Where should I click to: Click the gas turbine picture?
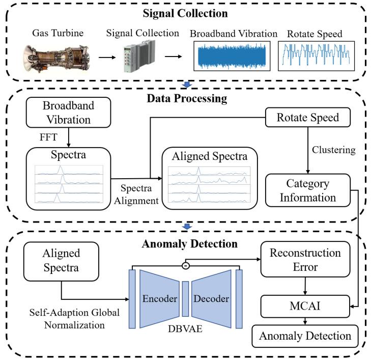(x=56, y=58)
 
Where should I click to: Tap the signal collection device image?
(x=139, y=56)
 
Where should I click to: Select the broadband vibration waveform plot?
(x=232, y=56)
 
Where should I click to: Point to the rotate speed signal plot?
(x=316, y=56)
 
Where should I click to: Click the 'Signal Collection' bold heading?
(x=185, y=13)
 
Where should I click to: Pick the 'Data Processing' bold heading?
(x=187, y=98)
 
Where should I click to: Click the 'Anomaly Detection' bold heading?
(x=189, y=244)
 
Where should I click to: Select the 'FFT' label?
(x=48, y=137)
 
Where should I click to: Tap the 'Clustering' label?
(x=334, y=150)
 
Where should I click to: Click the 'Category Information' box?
(x=308, y=190)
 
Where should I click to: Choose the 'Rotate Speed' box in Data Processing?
(x=308, y=118)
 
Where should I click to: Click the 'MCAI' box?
(x=305, y=306)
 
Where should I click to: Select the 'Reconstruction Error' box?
(x=305, y=259)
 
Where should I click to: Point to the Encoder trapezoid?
(x=159, y=299)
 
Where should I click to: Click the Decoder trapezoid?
(x=211, y=299)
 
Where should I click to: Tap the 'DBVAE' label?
(x=185, y=329)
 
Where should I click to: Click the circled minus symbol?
(x=186, y=266)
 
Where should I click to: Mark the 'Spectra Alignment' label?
(x=136, y=195)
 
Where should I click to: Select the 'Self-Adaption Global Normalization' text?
(x=74, y=319)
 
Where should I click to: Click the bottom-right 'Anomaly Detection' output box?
(x=305, y=336)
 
